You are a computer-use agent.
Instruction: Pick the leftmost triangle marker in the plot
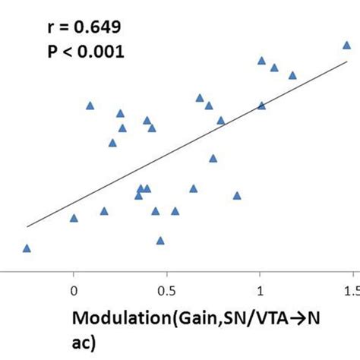coord(27,248)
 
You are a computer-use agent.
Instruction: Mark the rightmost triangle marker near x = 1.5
coord(346,46)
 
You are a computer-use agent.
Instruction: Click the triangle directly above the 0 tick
coord(74,218)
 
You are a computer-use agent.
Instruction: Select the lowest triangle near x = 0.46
coord(160,240)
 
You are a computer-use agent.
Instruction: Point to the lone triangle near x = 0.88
coord(237,195)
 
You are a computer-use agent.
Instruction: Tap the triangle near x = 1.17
coord(292,75)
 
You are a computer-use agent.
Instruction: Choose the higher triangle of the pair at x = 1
coord(261,61)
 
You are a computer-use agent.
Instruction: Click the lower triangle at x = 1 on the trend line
coord(261,106)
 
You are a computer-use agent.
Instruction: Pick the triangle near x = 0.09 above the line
coord(90,106)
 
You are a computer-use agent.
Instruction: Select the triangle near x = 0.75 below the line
coord(213,158)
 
